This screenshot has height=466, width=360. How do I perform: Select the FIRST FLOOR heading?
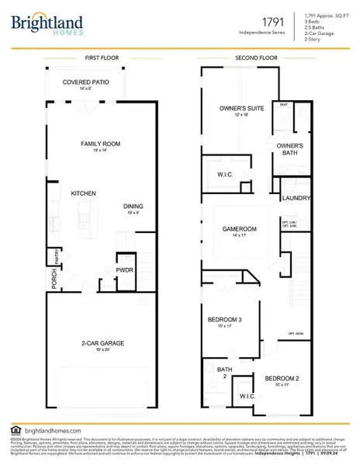point(101,58)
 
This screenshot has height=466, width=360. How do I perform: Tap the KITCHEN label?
point(83,193)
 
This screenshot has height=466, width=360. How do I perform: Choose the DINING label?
point(133,206)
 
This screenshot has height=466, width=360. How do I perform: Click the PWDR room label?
point(125,270)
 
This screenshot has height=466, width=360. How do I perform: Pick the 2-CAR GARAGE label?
point(100,343)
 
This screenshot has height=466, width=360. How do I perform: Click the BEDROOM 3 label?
point(224,320)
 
